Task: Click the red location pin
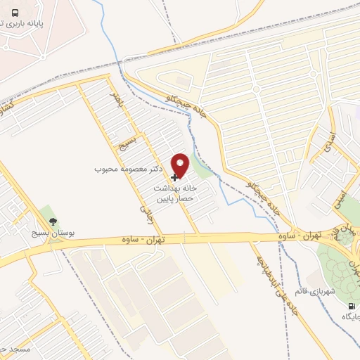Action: click(x=181, y=165)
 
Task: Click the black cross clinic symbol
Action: click(x=175, y=177)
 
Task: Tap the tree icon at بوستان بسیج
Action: click(x=53, y=221)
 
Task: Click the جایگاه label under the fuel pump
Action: click(x=351, y=317)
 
